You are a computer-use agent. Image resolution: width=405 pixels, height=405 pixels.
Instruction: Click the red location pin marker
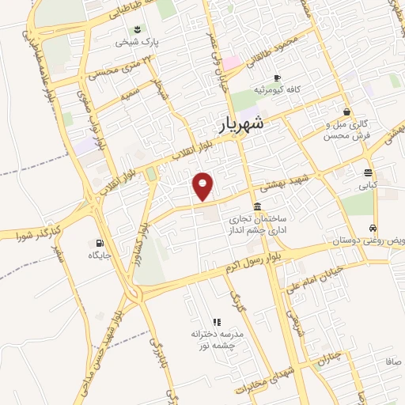[x=204, y=186]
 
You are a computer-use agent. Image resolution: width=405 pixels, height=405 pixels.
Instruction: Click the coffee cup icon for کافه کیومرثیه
[x=277, y=78]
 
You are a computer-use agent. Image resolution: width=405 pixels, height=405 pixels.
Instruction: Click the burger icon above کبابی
[x=369, y=173]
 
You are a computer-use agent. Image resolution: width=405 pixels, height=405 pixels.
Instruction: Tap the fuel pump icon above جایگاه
[x=99, y=243]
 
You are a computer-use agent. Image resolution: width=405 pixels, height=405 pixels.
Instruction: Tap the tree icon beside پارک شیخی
[x=138, y=30]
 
